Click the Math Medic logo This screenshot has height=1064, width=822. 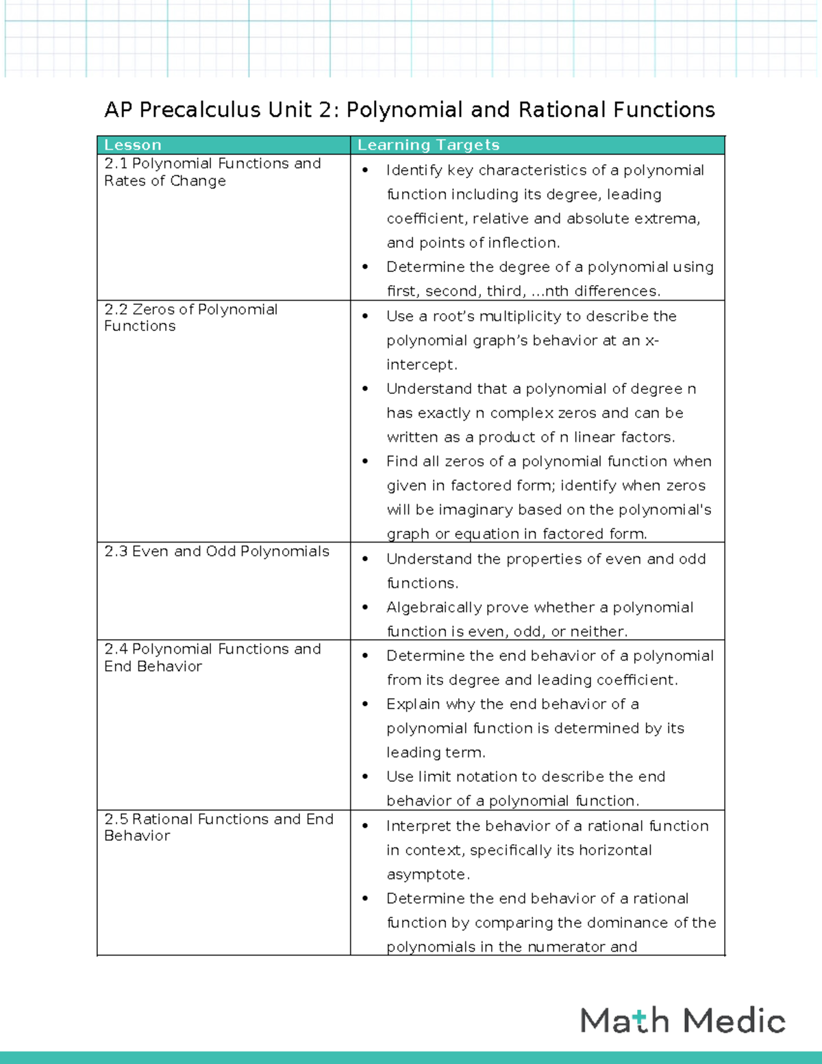coord(682,1020)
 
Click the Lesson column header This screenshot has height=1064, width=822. coord(133,145)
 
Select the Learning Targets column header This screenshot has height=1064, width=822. coord(428,145)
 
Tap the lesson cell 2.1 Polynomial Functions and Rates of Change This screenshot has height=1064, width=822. coord(212,172)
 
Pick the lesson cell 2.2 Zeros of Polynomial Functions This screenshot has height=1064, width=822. coord(190,318)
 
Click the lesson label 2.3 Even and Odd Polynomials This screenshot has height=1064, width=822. coord(216,552)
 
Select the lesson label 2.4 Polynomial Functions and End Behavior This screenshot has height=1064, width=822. coord(212,657)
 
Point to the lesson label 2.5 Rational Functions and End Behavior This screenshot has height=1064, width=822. coord(219,827)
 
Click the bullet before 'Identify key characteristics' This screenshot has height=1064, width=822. coord(366,170)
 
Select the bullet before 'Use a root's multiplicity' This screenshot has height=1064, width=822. coord(366,316)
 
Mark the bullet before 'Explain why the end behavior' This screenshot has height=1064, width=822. coord(366,704)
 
